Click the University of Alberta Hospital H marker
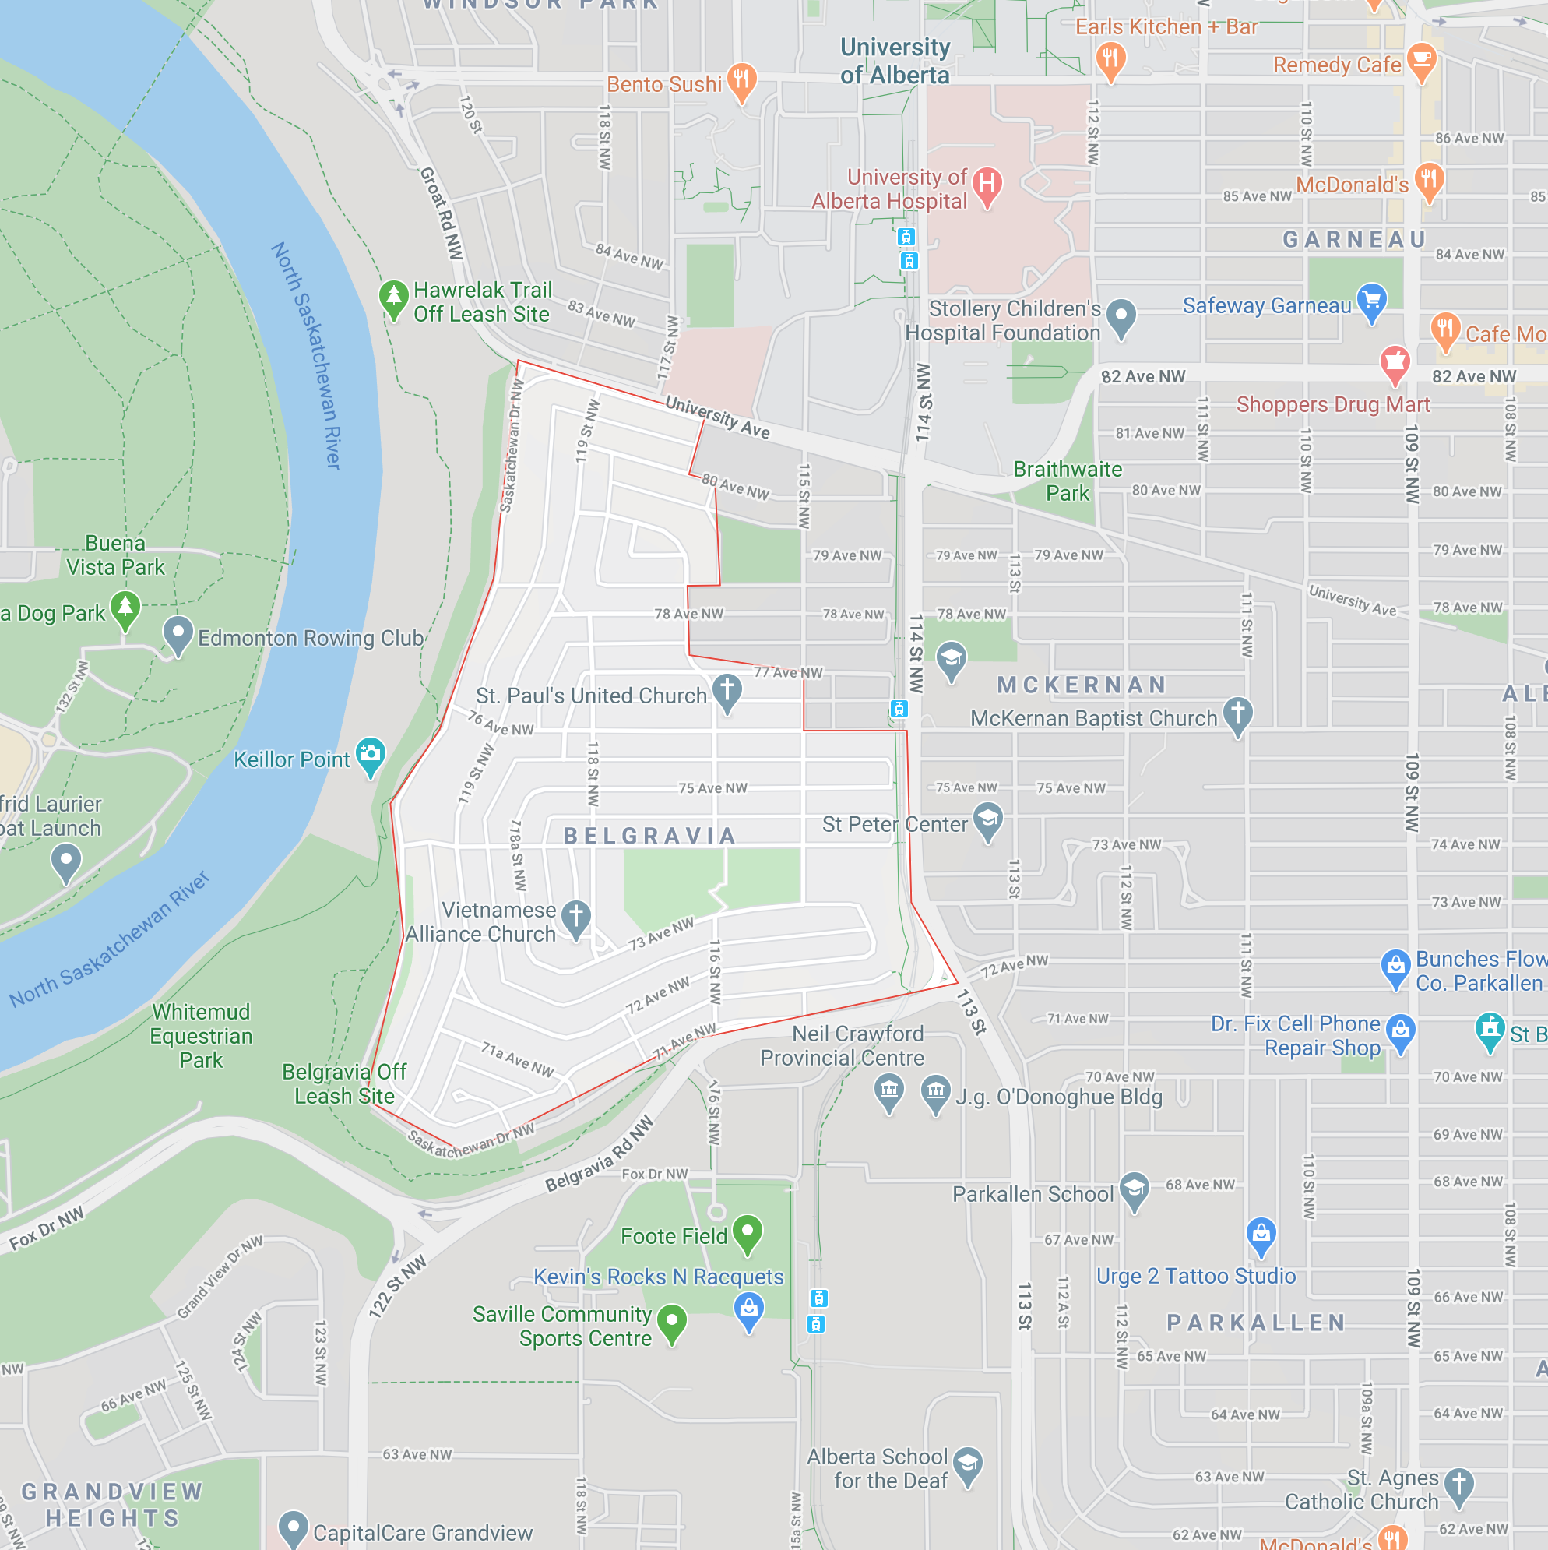987,184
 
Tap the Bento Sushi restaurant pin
742,79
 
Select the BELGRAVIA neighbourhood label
649,836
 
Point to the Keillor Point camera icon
371,754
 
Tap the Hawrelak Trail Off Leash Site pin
393,297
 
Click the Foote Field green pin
748,1232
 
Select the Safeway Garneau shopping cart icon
1371,301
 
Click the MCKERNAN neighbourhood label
1082,685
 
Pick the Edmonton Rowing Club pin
178,634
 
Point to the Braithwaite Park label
1068,481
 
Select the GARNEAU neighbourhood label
1355,239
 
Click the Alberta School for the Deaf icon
968,1464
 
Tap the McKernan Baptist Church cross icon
1237,713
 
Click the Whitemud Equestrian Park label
201,1036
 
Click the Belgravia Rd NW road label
599,1156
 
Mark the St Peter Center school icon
988,820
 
